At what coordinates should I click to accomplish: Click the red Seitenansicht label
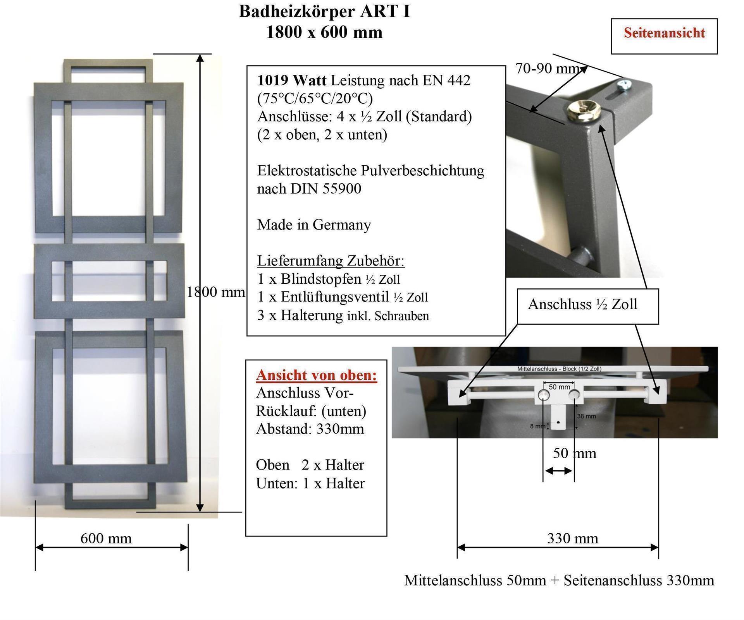(664, 33)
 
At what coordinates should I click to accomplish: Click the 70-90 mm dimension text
(546, 69)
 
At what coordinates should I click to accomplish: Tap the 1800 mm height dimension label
(215, 292)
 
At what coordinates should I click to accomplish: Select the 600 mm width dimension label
(106, 538)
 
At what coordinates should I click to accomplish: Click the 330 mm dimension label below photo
(572, 538)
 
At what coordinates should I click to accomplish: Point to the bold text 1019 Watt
(291, 80)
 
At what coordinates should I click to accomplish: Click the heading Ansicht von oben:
(316, 375)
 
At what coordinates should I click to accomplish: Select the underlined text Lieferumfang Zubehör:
(331, 261)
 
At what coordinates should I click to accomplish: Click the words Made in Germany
(314, 225)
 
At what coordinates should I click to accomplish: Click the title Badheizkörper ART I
(324, 12)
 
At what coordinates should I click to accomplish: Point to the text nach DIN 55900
(309, 189)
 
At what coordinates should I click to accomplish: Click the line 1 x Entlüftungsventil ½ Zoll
(342, 297)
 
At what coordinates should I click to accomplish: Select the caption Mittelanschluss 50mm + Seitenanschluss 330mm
(559, 581)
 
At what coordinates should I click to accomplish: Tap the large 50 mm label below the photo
(574, 453)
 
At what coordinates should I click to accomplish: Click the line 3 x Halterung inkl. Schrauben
(343, 316)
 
